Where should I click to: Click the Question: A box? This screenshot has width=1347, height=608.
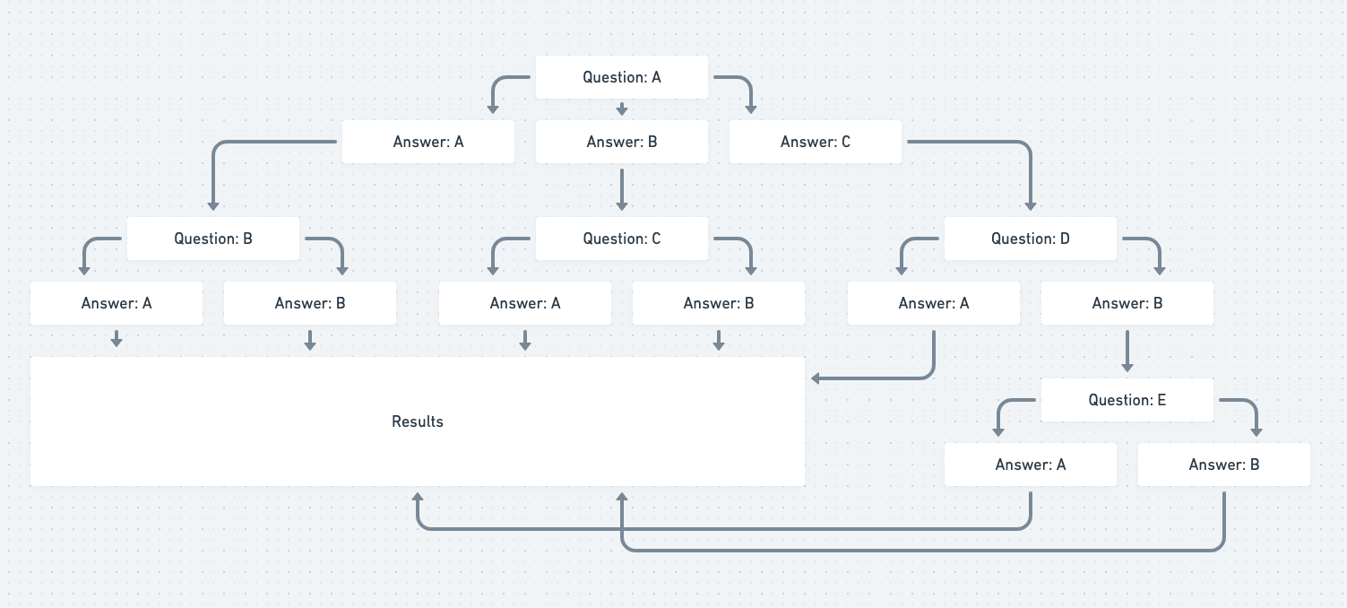click(622, 77)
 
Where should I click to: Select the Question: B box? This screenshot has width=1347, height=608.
click(213, 239)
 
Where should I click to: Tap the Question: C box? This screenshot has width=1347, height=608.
click(622, 239)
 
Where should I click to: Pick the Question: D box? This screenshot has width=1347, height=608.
click(1031, 239)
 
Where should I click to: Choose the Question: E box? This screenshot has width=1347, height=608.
click(1127, 400)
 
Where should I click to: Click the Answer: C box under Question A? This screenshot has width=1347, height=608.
click(816, 142)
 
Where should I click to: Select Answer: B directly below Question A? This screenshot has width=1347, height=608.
click(622, 142)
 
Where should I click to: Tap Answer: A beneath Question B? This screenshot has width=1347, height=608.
click(117, 303)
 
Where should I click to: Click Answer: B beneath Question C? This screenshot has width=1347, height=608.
click(719, 303)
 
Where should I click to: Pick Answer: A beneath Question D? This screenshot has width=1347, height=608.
click(934, 303)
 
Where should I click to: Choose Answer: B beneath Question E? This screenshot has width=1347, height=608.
click(1224, 465)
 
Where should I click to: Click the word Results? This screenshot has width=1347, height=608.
click(418, 421)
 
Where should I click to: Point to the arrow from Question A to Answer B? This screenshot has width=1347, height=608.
click(622, 109)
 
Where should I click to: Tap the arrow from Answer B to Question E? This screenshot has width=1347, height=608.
click(1127, 352)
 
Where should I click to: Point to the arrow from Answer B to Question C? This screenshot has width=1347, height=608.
click(622, 189)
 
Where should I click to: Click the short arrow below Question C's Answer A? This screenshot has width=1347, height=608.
click(525, 340)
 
